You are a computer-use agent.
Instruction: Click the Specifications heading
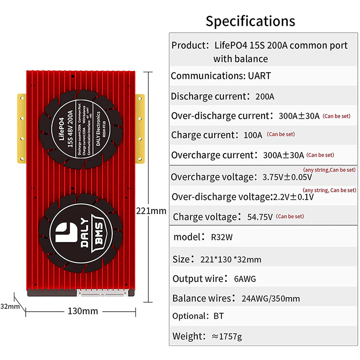point(250,21)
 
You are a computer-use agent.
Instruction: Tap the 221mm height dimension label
point(151,211)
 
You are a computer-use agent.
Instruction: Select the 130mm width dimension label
point(83,311)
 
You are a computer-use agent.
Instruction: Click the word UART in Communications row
point(259,76)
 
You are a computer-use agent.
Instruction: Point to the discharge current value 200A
point(265,97)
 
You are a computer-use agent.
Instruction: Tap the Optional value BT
point(219,316)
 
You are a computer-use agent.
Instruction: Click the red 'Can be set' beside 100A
point(281,134)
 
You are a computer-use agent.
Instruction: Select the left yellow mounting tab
point(21,127)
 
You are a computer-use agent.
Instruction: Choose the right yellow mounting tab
point(140,127)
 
